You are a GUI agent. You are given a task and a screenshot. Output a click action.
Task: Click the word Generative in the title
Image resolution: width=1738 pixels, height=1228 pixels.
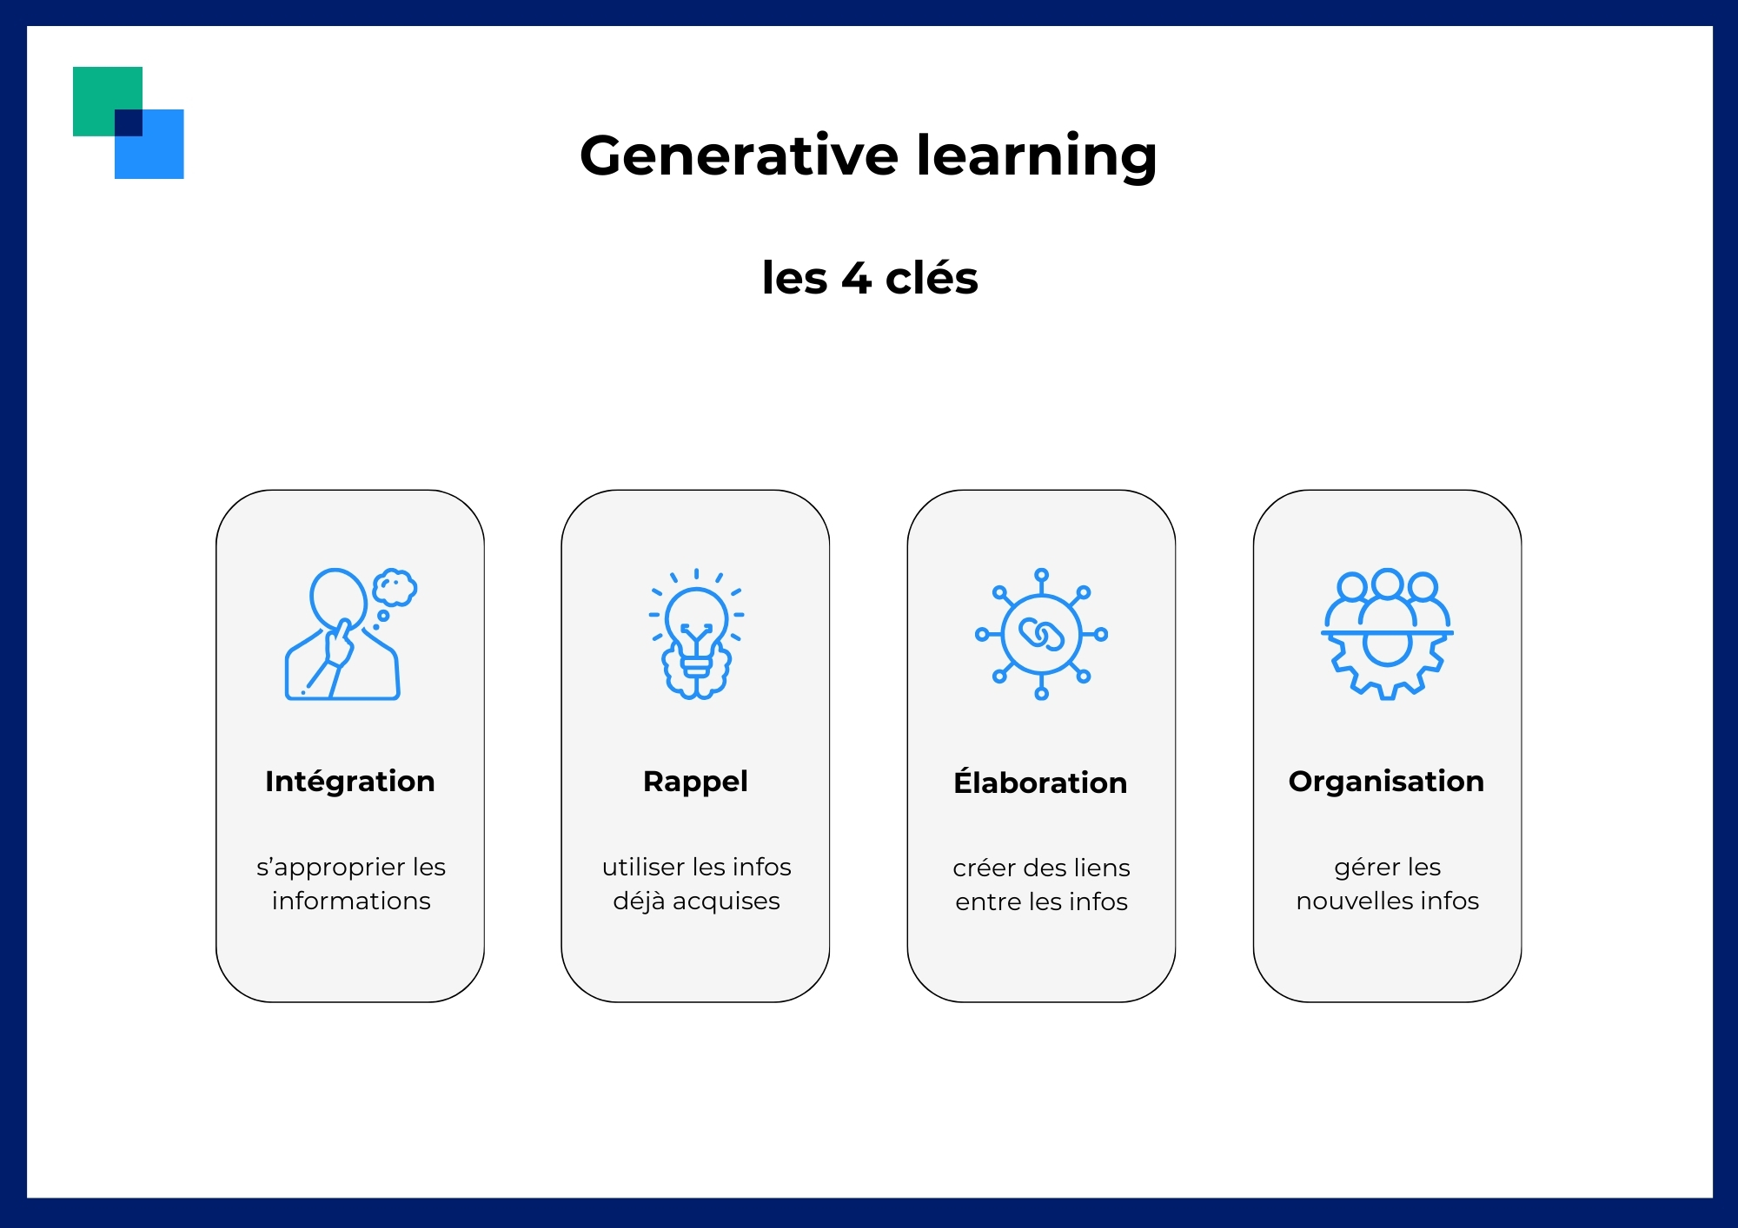[x=739, y=156]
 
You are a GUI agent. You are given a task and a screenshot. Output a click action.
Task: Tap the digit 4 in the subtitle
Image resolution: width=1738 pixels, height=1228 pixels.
[x=856, y=279]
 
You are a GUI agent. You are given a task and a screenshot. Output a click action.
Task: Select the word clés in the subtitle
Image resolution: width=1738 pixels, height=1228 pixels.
[x=932, y=278]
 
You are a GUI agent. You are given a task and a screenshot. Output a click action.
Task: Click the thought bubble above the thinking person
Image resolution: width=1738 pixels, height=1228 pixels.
[x=395, y=588]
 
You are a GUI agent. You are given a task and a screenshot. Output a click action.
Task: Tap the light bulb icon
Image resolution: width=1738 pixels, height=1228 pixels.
[x=696, y=634]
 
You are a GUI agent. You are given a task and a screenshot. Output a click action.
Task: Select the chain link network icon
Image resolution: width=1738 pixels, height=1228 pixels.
[x=1041, y=634]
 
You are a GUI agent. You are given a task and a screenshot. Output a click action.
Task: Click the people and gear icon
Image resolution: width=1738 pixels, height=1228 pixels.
[x=1387, y=634]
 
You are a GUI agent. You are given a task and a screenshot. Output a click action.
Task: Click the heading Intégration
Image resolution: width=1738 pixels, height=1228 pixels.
[x=350, y=782]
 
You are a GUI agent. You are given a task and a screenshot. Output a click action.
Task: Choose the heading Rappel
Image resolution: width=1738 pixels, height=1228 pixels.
[x=695, y=782]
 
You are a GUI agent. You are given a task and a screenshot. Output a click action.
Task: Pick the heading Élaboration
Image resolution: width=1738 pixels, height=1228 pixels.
[x=1040, y=782]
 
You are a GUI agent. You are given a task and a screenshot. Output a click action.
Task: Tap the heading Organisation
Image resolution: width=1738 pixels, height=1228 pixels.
[x=1386, y=782]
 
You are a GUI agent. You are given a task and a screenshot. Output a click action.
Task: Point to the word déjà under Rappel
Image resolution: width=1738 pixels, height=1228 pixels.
[x=639, y=901]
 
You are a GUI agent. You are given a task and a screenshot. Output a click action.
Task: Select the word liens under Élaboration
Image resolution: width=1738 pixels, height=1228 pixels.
[x=1101, y=868]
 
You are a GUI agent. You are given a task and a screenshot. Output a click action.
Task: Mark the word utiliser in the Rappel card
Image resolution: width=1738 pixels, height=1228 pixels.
[x=643, y=867]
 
